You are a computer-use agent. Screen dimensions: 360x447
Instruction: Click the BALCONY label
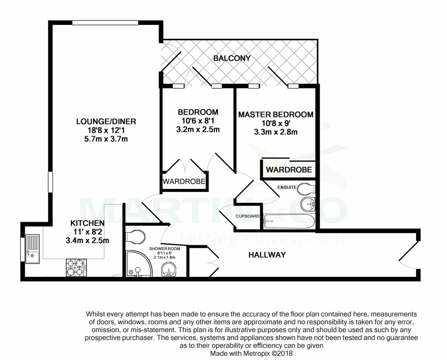tap(232, 59)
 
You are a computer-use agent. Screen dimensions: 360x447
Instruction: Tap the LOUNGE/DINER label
tap(106, 121)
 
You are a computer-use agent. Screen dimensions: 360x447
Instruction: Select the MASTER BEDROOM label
tap(276, 114)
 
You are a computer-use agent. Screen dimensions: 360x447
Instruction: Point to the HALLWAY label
tap(267, 255)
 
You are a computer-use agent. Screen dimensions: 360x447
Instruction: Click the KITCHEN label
tap(87, 224)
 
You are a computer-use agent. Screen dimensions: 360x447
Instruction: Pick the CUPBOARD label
tap(247, 216)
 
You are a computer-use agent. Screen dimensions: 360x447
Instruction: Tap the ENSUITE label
tap(286, 187)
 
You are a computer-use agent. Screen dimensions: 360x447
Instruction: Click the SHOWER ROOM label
tap(165, 249)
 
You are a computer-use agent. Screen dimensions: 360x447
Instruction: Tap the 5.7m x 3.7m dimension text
tap(106, 139)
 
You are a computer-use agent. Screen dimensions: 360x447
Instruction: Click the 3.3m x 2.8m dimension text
tap(276, 132)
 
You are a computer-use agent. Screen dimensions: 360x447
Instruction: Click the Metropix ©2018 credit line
tap(251, 353)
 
